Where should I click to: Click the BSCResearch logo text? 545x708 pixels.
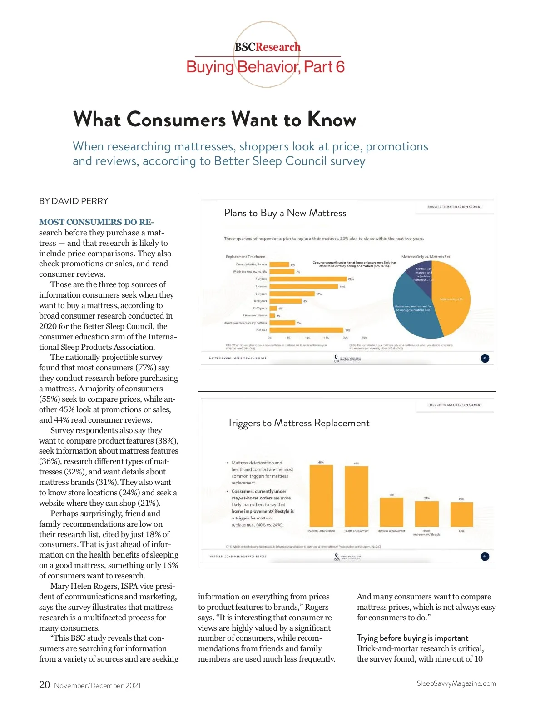267,47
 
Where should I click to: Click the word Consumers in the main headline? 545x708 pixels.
176,120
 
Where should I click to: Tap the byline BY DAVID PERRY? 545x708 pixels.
74,201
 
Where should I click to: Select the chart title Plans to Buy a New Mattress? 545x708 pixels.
285,213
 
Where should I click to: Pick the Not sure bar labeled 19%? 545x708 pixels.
306,330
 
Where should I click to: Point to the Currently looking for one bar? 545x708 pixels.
279,264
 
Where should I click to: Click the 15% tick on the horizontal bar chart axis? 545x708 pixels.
326,338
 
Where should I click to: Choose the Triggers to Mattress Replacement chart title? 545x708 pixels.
298,423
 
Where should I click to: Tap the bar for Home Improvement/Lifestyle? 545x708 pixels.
426,514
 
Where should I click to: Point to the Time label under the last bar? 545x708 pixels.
461,531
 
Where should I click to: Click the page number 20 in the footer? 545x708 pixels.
45,684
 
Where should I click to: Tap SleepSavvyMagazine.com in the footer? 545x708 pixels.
456,683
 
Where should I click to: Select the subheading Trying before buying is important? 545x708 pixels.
412,638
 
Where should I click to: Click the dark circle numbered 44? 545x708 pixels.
485,556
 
